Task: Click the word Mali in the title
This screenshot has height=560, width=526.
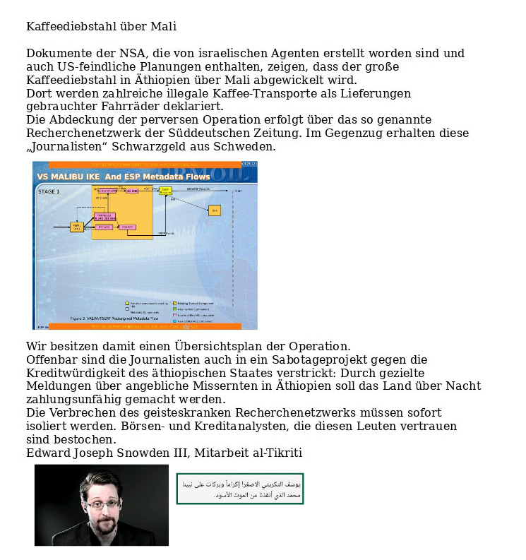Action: coord(163,27)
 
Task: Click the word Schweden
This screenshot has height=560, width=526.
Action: coord(247,147)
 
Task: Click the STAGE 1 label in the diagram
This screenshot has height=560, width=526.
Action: coord(49,191)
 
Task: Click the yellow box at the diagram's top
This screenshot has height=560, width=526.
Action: coord(165,191)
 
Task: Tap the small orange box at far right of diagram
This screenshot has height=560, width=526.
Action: coord(215,210)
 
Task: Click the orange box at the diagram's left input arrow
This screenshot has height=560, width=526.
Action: coord(76,227)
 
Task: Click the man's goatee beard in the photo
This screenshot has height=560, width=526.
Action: coord(104,527)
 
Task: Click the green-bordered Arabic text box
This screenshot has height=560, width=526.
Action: coord(240,489)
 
